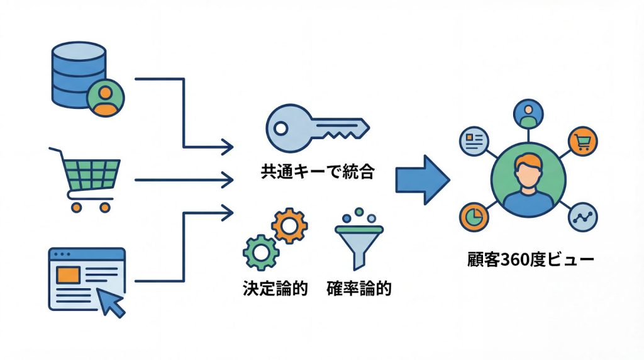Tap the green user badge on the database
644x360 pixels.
(x=106, y=98)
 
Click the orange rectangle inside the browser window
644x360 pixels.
(x=69, y=274)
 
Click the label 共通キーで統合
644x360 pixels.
(x=318, y=171)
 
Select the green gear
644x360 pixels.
(x=260, y=253)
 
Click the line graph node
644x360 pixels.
(x=582, y=217)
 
